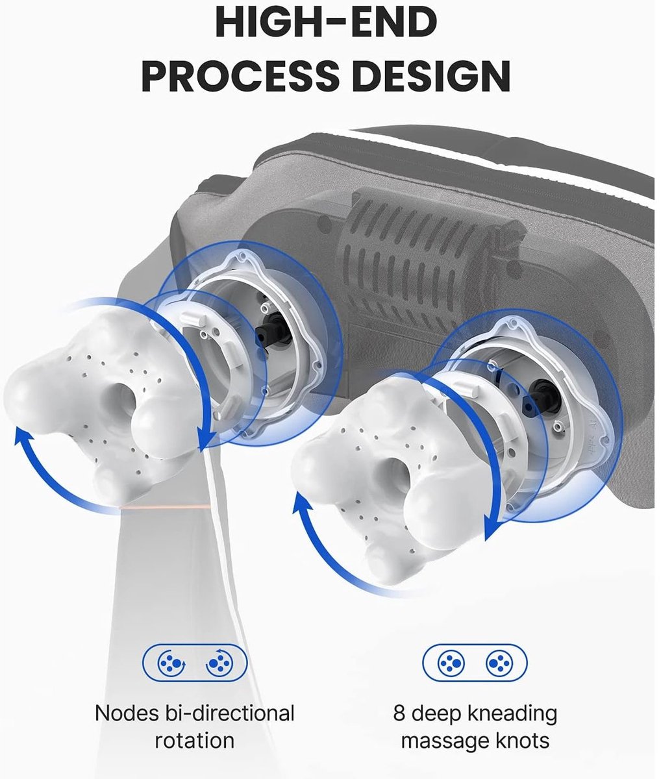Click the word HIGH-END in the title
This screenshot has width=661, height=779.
pyautogui.click(x=326, y=23)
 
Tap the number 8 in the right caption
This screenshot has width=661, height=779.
pyautogui.click(x=399, y=713)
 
